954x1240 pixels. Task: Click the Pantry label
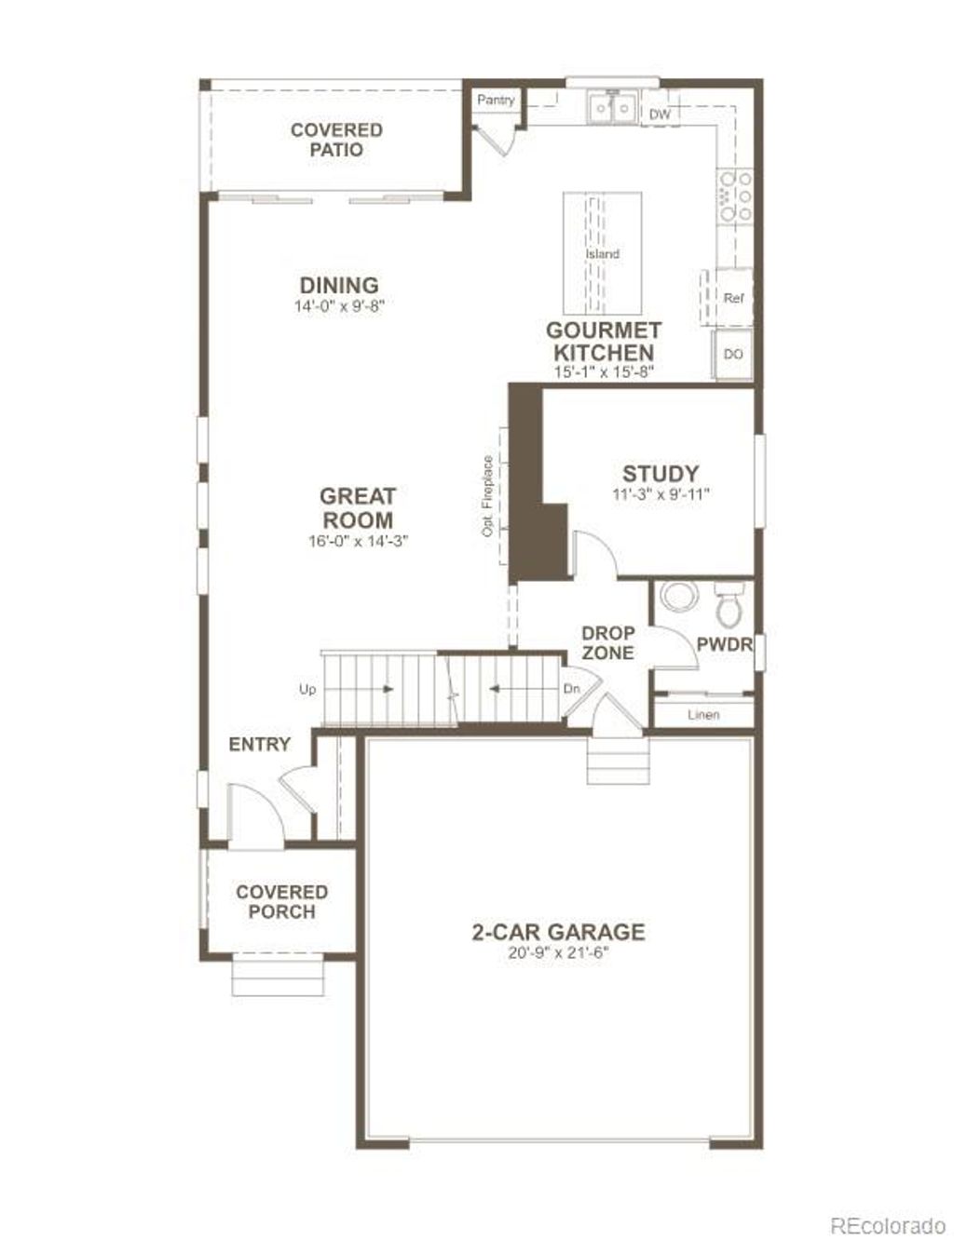click(496, 100)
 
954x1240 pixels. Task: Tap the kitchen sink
click(612, 109)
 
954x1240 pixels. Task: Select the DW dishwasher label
click(660, 115)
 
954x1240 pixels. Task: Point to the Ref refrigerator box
click(733, 298)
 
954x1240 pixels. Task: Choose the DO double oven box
click(733, 355)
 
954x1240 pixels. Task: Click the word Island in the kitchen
click(602, 254)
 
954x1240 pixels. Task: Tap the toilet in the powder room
click(729, 605)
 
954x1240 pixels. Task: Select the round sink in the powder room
click(678, 596)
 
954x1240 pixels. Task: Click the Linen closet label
click(703, 715)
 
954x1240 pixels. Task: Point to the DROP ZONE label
click(607, 643)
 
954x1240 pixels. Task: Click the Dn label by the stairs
click(572, 689)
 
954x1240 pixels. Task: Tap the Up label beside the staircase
click(307, 690)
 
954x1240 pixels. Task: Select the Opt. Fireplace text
click(486, 495)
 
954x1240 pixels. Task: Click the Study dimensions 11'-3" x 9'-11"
click(661, 495)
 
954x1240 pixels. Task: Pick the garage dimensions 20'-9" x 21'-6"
click(558, 953)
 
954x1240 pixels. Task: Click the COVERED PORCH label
click(281, 902)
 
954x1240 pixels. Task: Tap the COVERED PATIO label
click(336, 140)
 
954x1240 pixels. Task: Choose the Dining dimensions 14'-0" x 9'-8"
click(339, 306)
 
